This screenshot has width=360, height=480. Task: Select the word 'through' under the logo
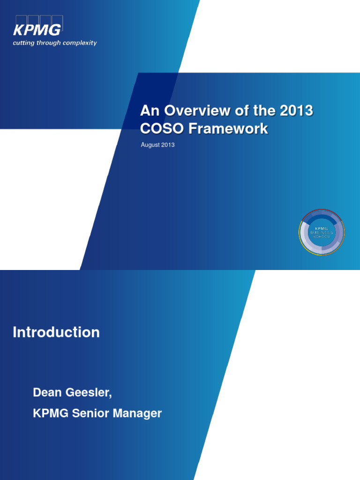tap(49, 43)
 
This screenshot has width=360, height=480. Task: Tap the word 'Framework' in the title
tap(225, 129)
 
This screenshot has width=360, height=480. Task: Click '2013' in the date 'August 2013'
tap(168, 145)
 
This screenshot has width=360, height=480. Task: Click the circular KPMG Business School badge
tap(322, 232)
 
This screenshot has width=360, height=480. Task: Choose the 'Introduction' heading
tap(56, 332)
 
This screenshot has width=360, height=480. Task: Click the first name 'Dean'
tap(47, 393)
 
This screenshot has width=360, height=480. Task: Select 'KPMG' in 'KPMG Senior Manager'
tap(50, 413)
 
